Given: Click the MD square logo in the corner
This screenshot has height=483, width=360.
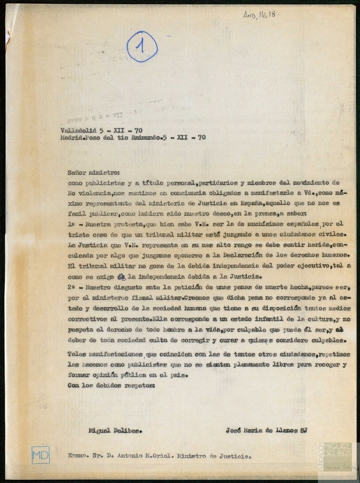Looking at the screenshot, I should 41,454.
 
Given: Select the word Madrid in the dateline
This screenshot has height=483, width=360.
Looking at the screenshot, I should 75,137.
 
